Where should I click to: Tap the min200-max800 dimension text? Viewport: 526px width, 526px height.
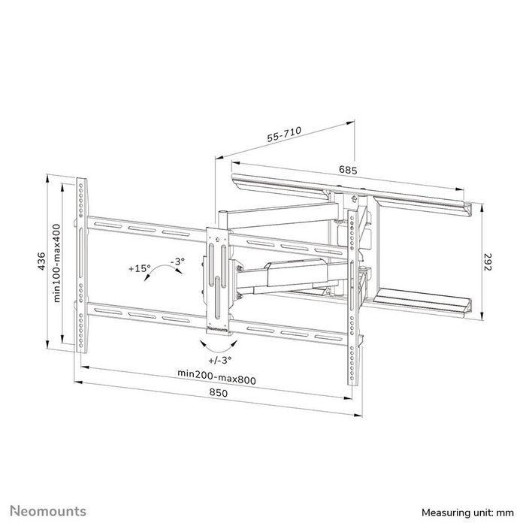pos(216,379)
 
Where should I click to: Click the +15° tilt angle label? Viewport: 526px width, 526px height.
pos(139,267)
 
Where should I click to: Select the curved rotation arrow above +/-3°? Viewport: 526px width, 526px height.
pos(216,345)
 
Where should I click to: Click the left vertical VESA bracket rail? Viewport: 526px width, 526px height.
pos(81,263)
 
